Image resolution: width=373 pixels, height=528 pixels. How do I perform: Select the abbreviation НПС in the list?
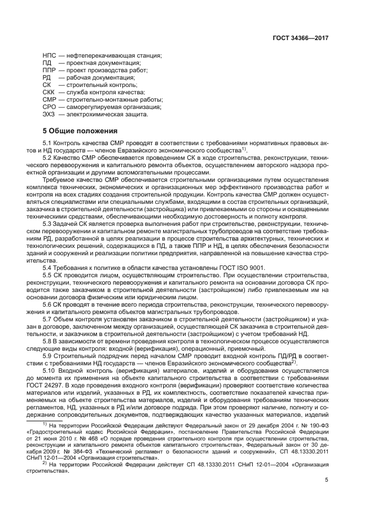pyautogui.click(x=50, y=55)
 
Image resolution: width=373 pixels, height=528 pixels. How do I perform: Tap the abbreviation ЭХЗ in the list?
pyautogui.click(x=50, y=114)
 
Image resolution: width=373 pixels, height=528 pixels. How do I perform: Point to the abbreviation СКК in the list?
pyautogui.click(x=50, y=92)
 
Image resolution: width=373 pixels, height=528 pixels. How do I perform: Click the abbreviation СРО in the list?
pyautogui.click(x=50, y=107)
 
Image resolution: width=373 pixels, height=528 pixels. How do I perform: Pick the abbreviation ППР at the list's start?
pyautogui.click(x=50, y=70)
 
